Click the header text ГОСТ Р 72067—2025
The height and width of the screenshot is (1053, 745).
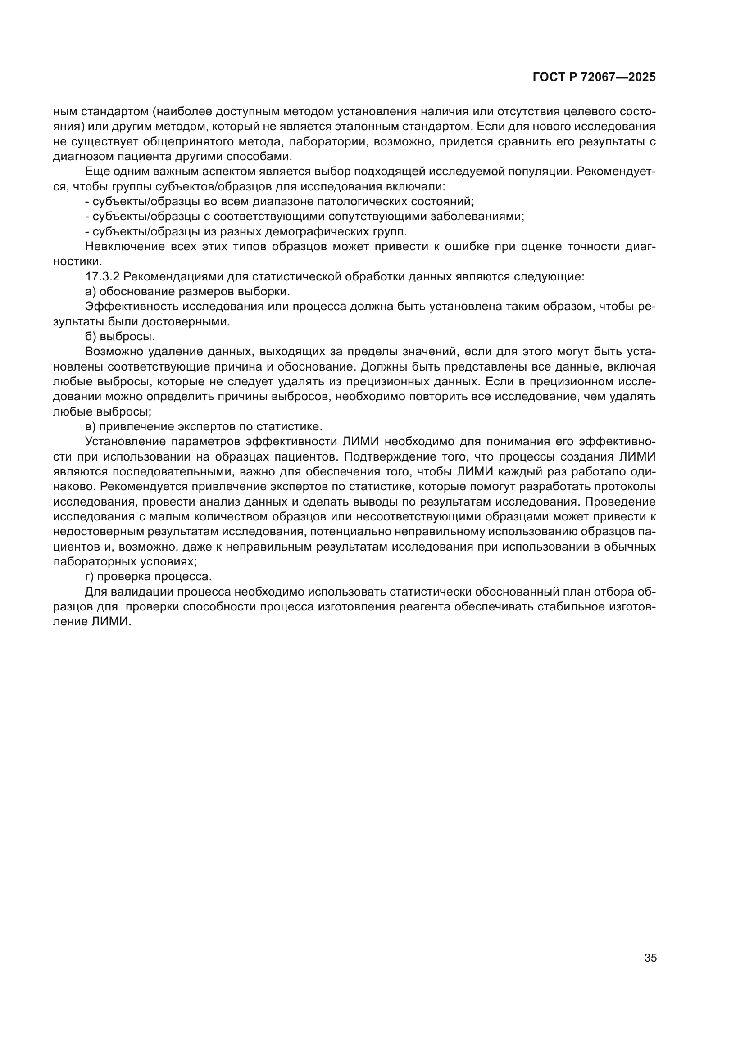594,77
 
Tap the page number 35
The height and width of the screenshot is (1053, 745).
650,958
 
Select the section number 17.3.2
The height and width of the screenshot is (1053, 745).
102,276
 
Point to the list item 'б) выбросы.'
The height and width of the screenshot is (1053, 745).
120,336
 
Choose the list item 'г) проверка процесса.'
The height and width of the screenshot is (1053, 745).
148,576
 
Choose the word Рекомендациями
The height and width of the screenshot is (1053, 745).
173,276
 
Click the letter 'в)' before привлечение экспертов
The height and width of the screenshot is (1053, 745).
91,426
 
